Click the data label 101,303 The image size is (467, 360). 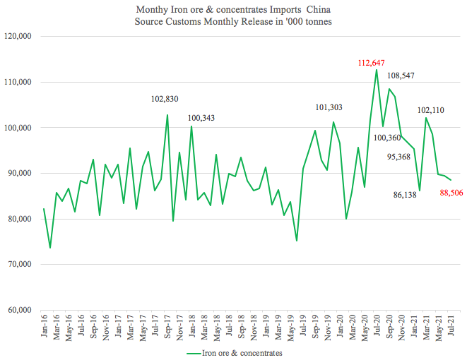(332, 107)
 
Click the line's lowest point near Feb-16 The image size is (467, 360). (50, 248)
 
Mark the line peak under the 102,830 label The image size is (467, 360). (167, 115)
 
